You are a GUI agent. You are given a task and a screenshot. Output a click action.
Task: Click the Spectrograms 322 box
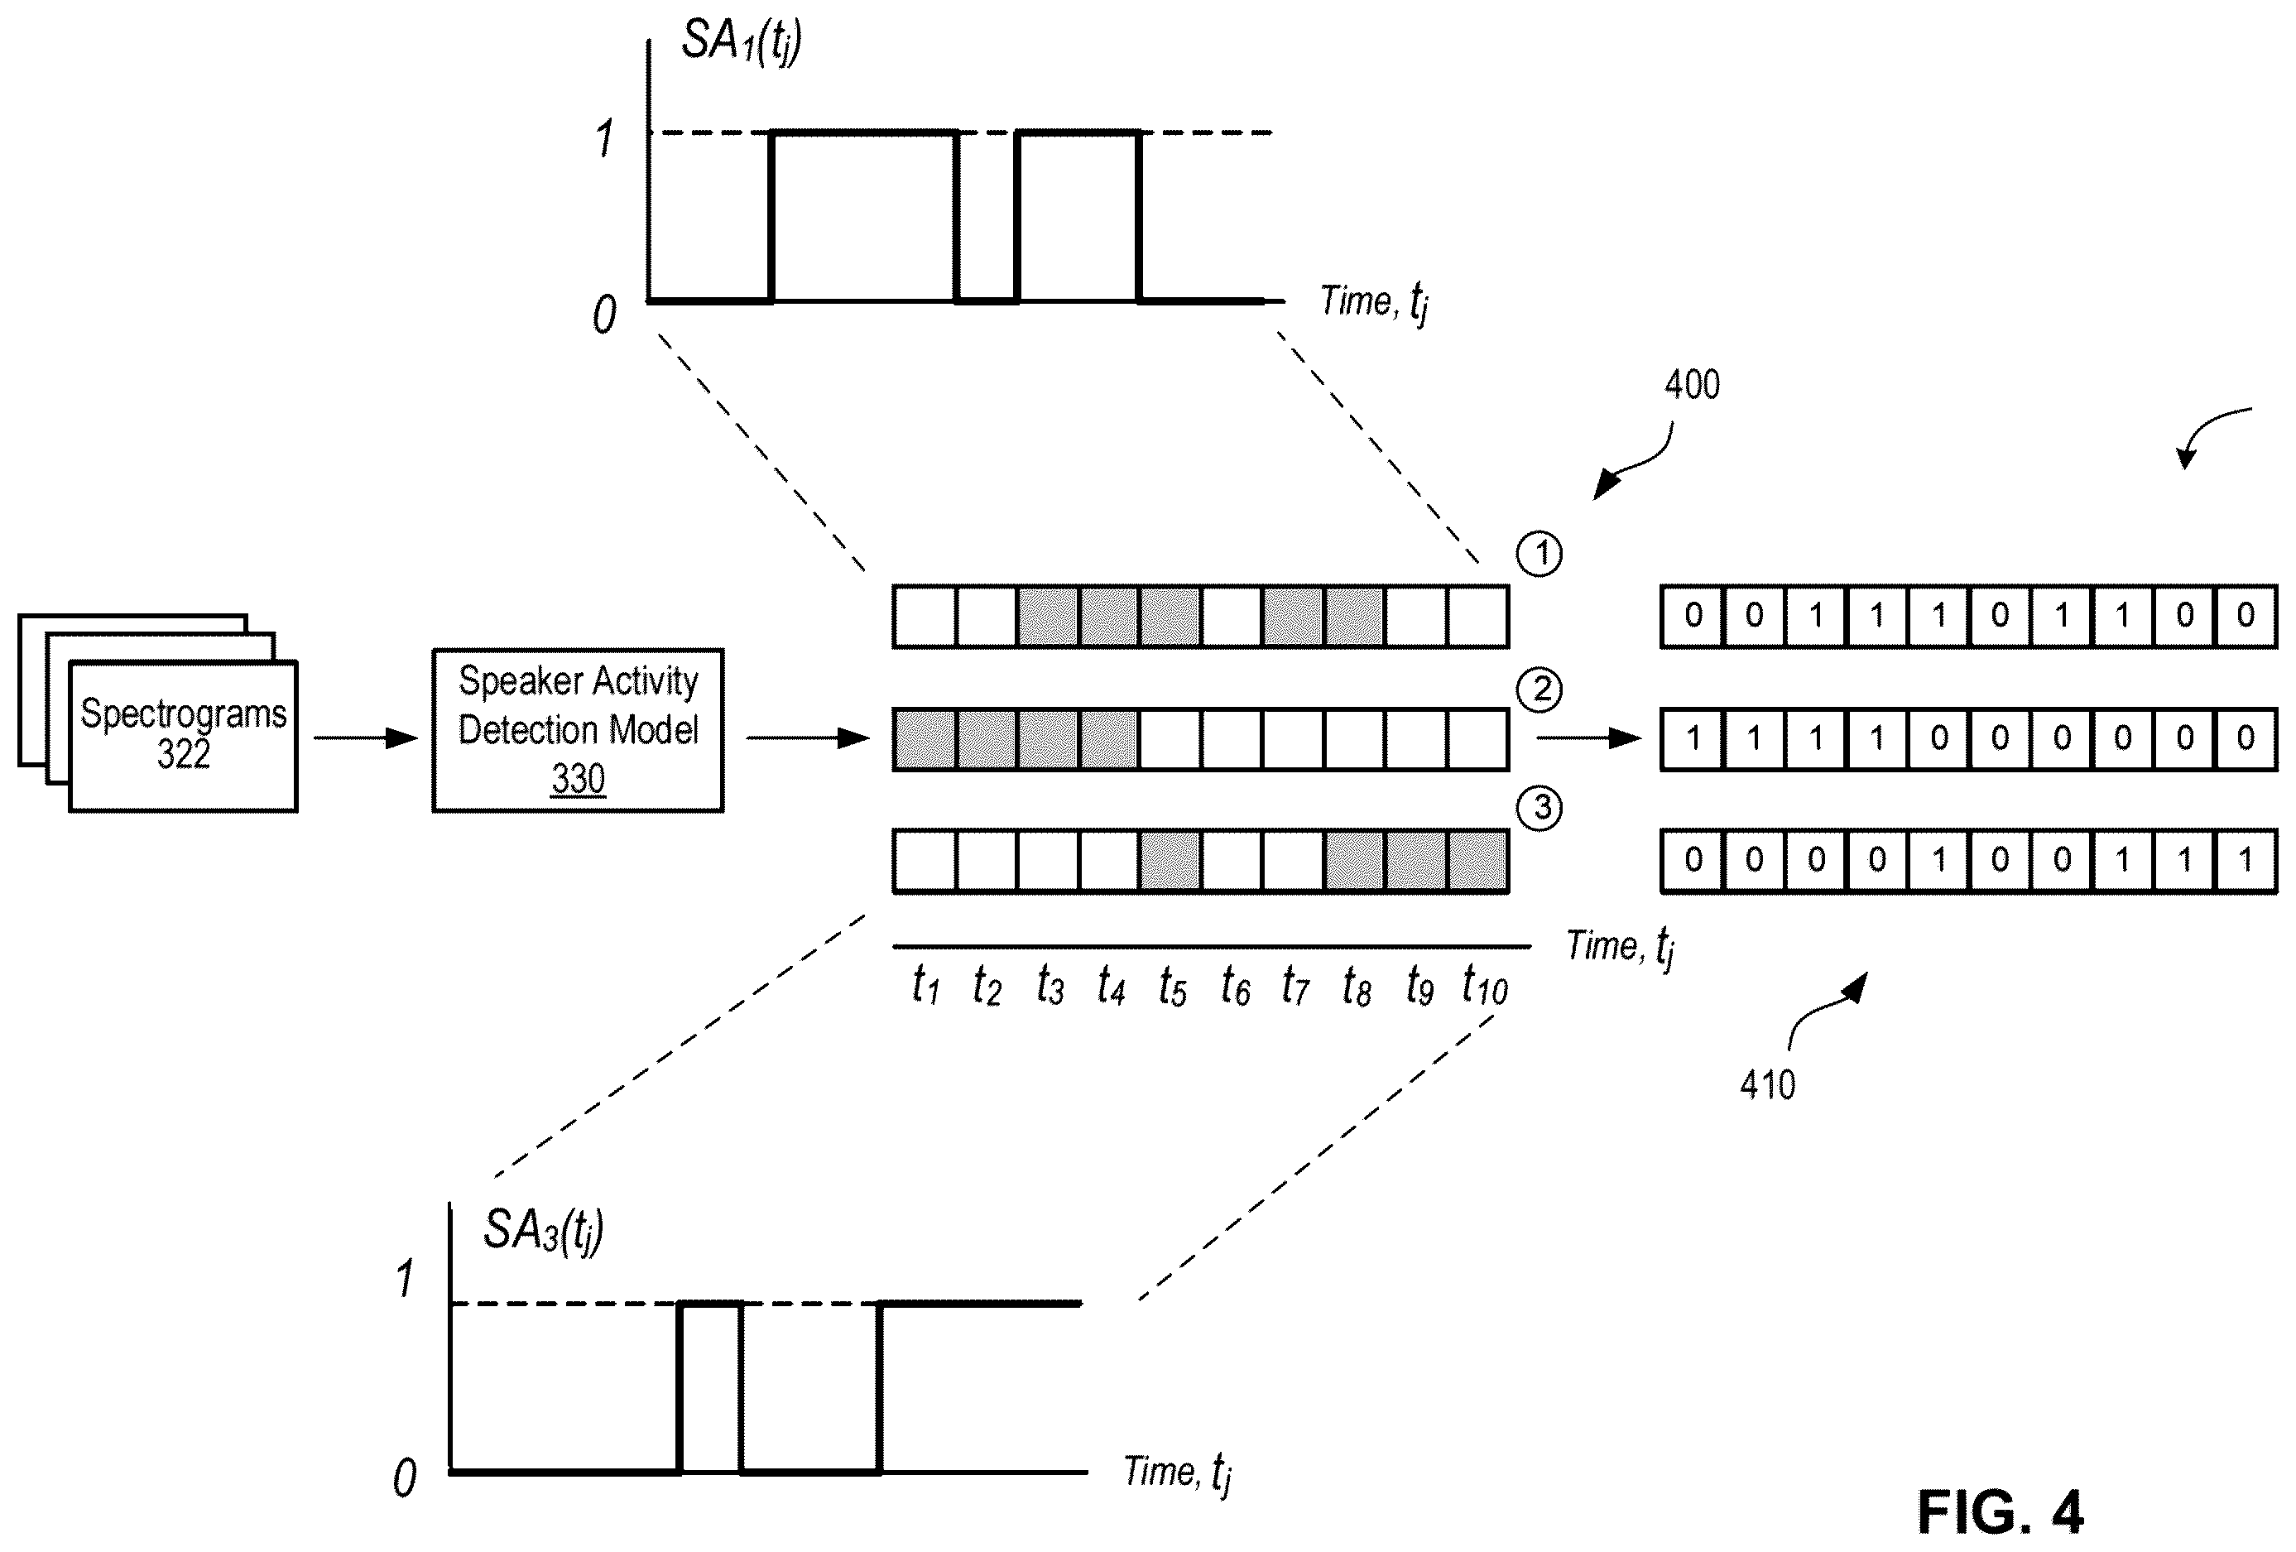pos(183,736)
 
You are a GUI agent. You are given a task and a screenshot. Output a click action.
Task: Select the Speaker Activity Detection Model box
pos(578,730)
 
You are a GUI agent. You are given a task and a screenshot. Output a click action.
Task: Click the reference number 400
pos(1691,384)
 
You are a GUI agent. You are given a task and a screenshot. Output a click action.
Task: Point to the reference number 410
pos(1767,1084)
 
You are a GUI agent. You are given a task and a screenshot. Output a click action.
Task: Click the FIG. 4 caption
pos(2000,1511)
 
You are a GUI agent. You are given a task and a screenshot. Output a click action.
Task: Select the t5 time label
pos(1172,986)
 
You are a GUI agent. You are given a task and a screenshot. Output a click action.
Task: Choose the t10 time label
pos(1485,986)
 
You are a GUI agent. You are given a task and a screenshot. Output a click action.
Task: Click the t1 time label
pos(925,986)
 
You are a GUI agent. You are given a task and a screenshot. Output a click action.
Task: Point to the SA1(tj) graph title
pos(741,42)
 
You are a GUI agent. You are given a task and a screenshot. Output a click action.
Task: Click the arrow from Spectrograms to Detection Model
pos(367,738)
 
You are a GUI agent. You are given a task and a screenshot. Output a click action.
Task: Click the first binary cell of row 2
pos(1693,739)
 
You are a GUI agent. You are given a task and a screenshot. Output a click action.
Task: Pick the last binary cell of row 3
pos(2246,862)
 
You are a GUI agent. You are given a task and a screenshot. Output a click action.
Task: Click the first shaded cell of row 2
pos(925,739)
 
